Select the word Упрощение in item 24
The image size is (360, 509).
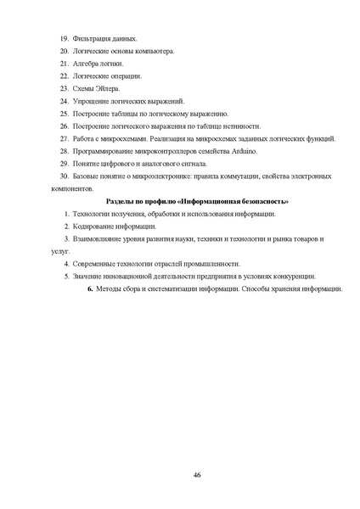93,101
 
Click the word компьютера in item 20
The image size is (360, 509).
155,52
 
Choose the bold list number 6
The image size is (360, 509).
91,288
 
